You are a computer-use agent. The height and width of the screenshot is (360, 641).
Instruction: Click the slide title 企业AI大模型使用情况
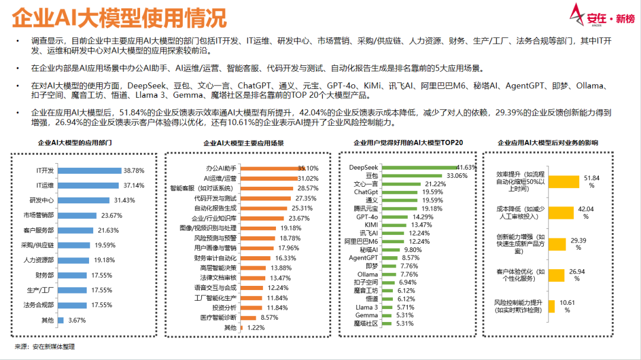(119, 18)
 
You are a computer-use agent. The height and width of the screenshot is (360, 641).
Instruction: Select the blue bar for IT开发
(88, 170)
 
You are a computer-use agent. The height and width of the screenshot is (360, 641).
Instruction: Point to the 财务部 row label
(45, 275)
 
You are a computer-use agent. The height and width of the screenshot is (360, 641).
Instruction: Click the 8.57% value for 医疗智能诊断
(270, 317)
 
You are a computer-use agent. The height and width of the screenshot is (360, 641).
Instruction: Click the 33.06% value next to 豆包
(456, 176)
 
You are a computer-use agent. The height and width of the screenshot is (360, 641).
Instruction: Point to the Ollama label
(367, 275)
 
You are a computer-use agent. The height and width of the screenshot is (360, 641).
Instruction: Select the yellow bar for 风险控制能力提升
(551, 306)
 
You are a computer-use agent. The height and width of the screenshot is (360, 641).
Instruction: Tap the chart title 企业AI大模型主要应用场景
(243, 143)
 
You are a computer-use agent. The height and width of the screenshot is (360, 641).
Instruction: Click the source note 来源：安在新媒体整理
(45, 346)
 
